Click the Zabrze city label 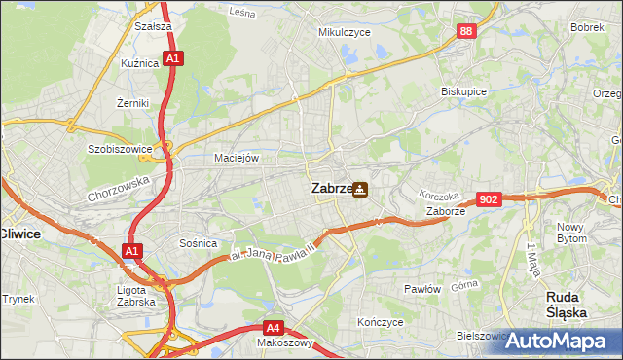click(330, 189)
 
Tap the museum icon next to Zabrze click(360, 189)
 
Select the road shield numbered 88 click(468, 32)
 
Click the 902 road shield click(490, 199)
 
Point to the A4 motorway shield click(275, 328)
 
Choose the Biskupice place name click(463, 91)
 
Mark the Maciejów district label click(237, 158)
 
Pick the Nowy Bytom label click(571, 233)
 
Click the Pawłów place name click(422, 289)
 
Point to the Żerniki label click(131, 102)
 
